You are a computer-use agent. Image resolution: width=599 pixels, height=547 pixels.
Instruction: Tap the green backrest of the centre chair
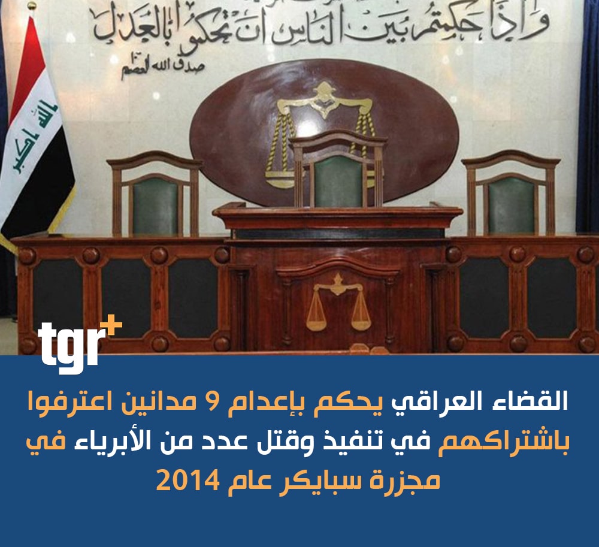coord(338,182)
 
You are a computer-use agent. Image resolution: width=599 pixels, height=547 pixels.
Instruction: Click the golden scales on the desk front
coord(338,302)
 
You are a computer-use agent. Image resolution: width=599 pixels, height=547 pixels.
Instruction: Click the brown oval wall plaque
coord(324,130)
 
